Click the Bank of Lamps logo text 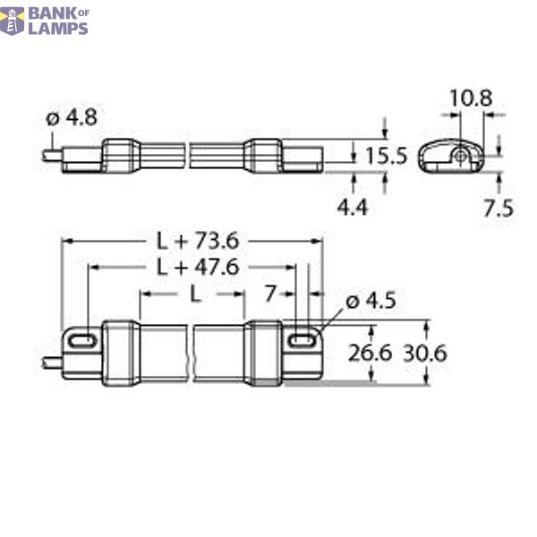[x=57, y=20]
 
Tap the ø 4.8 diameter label [x=71, y=116]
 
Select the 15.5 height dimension [x=386, y=156]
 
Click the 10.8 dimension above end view [x=470, y=98]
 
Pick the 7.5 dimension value [x=497, y=208]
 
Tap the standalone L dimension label [x=193, y=294]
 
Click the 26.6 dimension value [x=371, y=353]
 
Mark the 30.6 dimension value [x=425, y=353]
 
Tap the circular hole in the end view [x=458, y=155]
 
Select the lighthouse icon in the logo [x=13, y=20]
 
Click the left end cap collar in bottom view [x=118, y=354]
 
